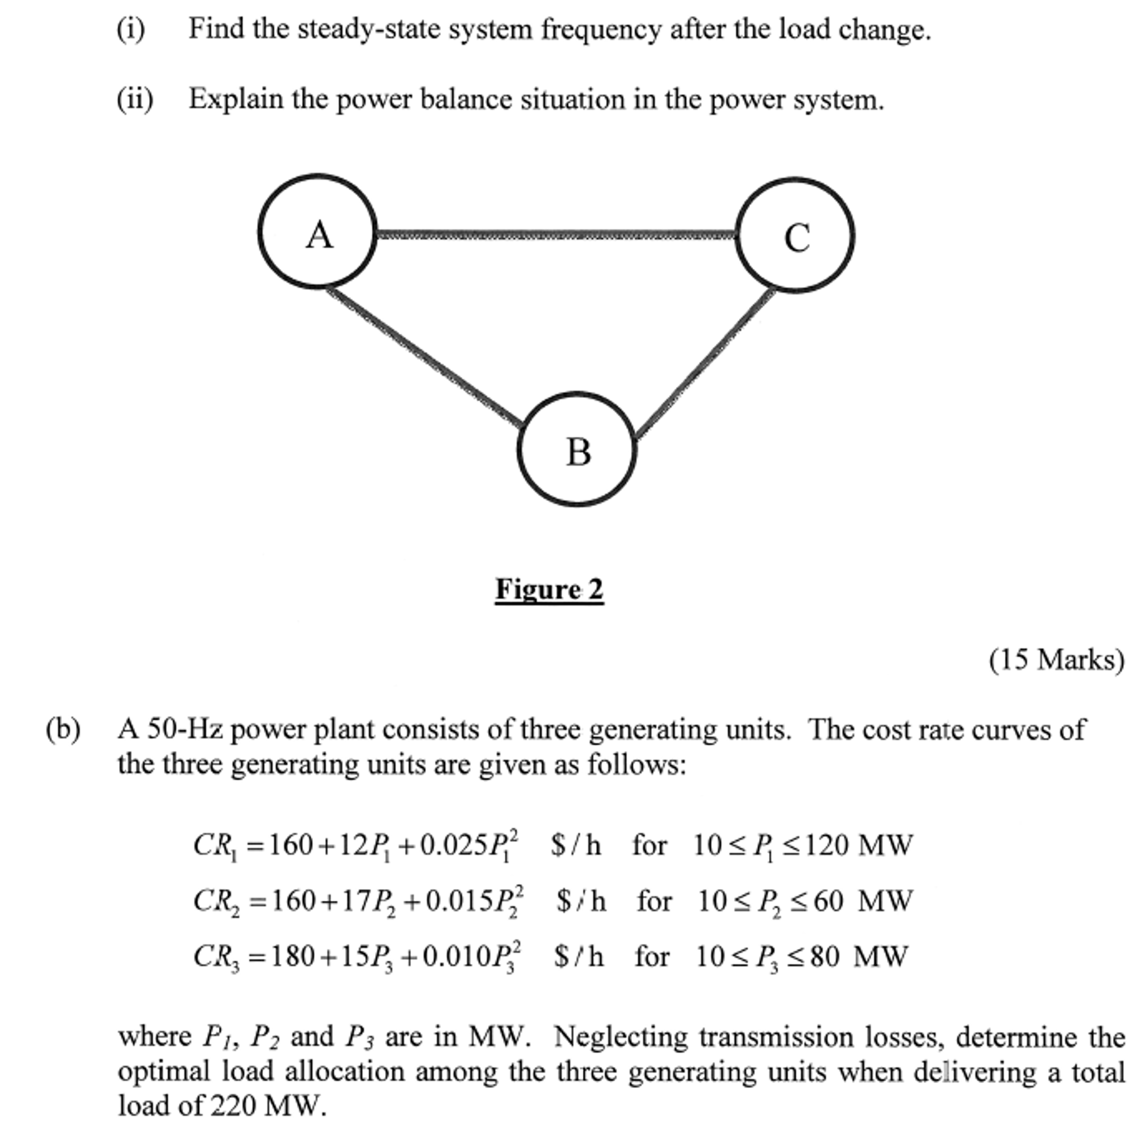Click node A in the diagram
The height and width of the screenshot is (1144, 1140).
click(318, 232)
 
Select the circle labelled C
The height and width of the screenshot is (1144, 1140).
click(795, 235)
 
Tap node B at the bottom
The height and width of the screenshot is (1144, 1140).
click(577, 450)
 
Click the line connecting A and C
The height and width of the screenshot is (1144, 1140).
click(557, 235)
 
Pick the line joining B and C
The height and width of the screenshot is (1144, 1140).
click(704, 364)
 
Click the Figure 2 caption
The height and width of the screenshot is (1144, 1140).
click(549, 589)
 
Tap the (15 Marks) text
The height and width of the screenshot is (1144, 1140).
click(1057, 660)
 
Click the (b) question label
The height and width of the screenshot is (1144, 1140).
click(63, 729)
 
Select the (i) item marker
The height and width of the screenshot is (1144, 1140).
click(131, 30)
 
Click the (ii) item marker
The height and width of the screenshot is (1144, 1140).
click(135, 100)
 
